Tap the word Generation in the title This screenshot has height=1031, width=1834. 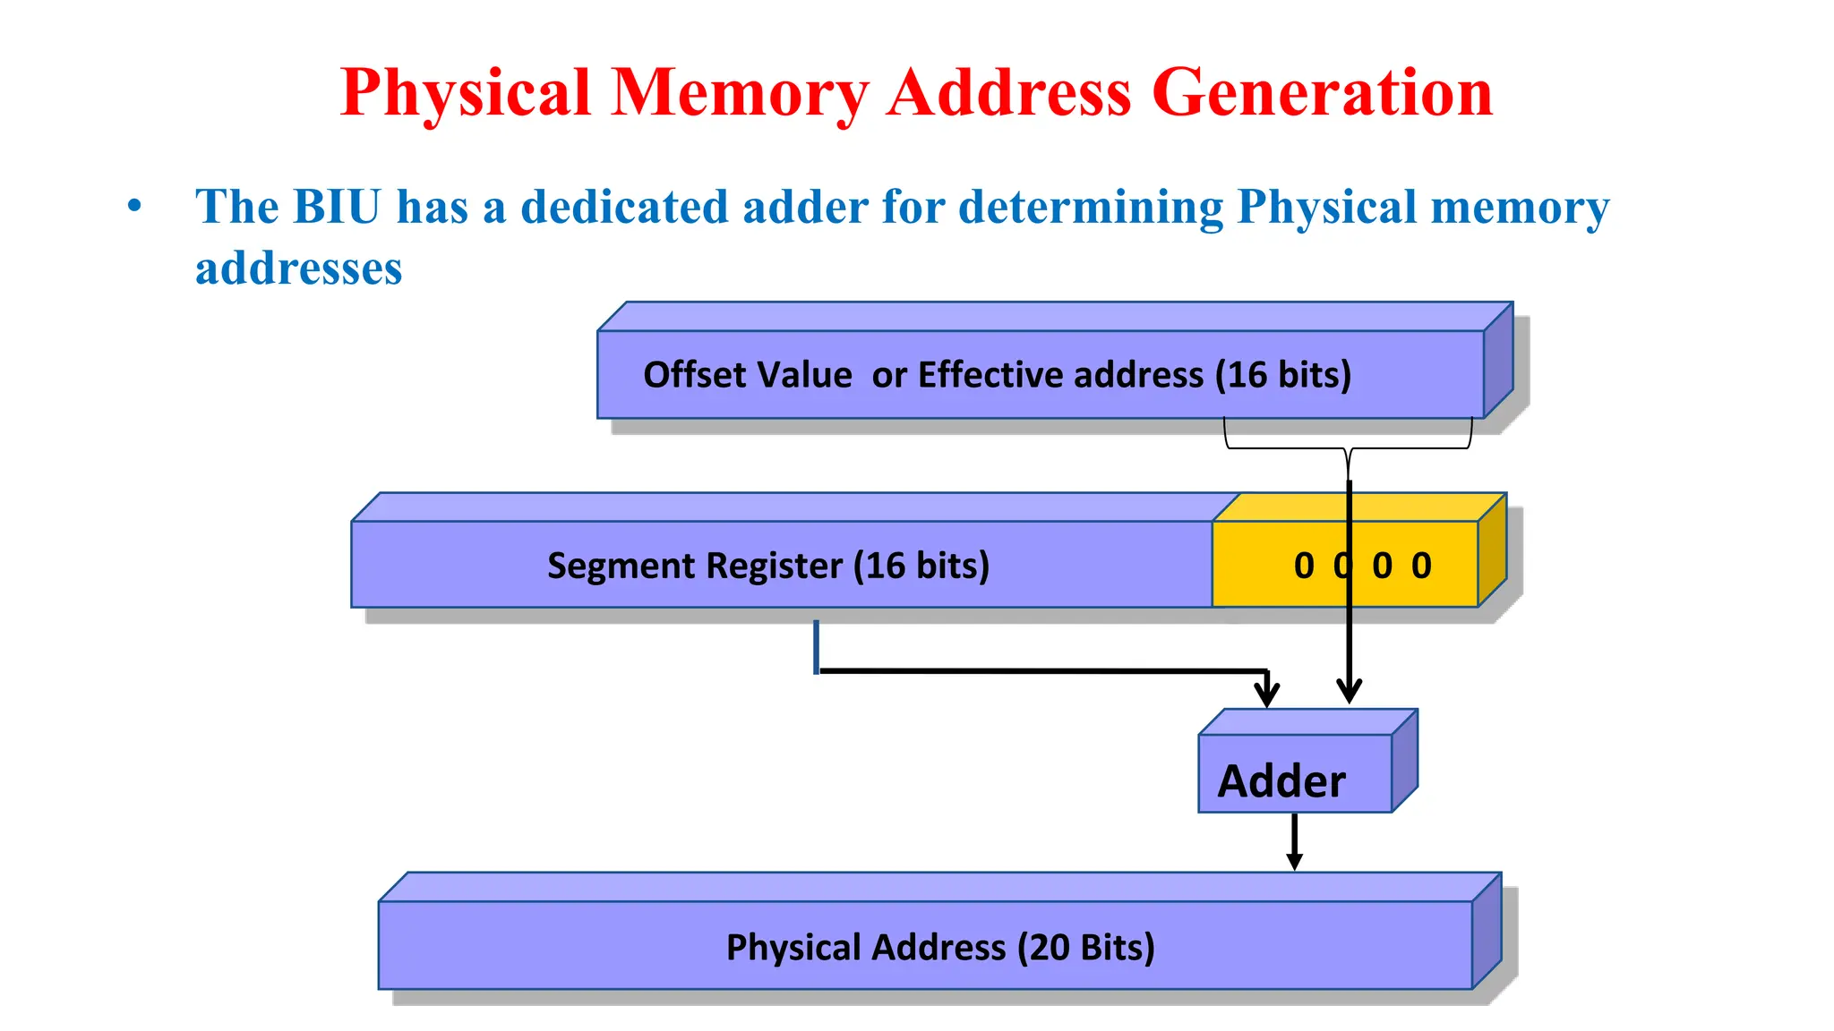click(x=1322, y=93)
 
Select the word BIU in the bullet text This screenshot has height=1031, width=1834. click(x=337, y=207)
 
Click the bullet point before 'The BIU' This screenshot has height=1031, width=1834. click(x=135, y=206)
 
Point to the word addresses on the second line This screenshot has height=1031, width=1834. click(x=298, y=268)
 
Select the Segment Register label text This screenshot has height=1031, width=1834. click(x=767, y=566)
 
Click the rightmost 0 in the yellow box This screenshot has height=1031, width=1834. click(x=1421, y=566)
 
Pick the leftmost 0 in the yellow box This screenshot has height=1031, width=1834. click(x=1304, y=566)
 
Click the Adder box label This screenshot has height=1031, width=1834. click(x=1281, y=781)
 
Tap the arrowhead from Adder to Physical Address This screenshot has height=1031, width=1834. click(x=1294, y=861)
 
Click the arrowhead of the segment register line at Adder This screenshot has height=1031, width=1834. click(x=1266, y=694)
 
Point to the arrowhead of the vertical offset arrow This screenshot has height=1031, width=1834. click(x=1350, y=691)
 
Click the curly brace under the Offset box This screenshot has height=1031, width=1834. click(x=1348, y=449)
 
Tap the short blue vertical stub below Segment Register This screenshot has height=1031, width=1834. click(x=816, y=646)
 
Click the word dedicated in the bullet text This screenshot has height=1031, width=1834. click(x=623, y=207)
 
